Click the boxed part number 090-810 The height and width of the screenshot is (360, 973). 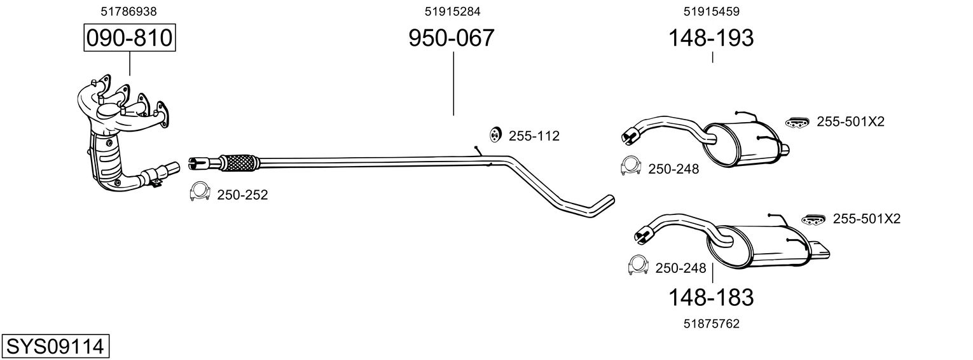pos(130,38)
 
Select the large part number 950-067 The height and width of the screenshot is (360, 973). pos(452,38)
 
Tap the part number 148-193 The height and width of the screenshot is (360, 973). pos(710,38)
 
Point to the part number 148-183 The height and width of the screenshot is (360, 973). pos(710,298)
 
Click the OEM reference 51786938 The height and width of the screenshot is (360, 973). pos(128,11)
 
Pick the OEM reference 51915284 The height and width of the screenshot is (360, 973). pos(452,11)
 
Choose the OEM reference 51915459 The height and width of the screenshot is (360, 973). pos(711,11)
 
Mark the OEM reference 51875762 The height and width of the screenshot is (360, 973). pos(711,324)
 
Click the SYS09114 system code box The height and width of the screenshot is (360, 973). pos(55,347)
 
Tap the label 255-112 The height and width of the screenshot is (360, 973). pos(534,136)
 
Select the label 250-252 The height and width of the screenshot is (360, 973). pos(242,195)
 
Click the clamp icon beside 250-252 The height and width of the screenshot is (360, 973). pos(200,191)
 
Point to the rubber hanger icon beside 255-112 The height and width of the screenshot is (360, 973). pos(494,135)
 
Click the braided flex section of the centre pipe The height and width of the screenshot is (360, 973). pos(239,162)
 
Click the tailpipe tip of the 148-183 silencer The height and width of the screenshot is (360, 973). pos(819,250)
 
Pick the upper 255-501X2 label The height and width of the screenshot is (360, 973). pos(850,121)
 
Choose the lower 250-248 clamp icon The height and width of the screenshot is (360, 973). pos(638,265)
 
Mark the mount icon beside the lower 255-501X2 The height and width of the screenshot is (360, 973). pos(813,219)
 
